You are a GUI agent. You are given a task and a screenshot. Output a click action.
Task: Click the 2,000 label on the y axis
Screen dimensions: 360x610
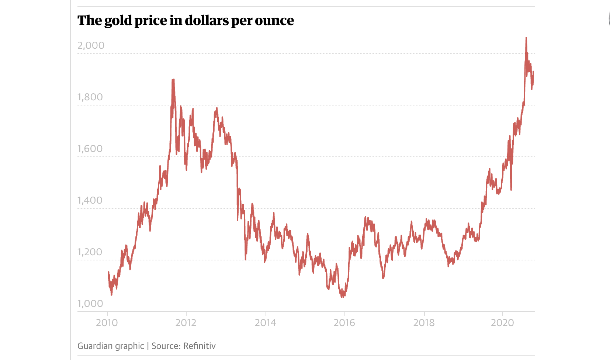coord(91,45)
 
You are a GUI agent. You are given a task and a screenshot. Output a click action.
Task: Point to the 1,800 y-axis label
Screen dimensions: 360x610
coord(90,97)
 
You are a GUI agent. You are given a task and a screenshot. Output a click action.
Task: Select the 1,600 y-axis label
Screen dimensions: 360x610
coord(90,149)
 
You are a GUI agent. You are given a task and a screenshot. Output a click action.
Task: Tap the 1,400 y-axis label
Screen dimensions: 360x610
coord(90,200)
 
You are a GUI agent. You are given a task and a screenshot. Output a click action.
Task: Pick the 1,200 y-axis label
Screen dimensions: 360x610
coord(90,252)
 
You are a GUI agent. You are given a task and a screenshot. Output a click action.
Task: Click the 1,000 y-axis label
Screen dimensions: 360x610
coord(90,304)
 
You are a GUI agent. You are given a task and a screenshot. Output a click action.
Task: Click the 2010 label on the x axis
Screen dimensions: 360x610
coord(107,323)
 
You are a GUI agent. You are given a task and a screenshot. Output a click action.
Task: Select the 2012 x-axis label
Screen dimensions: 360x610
coord(186,323)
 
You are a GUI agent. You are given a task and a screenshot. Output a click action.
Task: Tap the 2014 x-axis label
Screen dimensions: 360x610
coord(266,323)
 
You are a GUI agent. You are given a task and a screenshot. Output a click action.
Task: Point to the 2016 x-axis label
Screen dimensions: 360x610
coord(344,323)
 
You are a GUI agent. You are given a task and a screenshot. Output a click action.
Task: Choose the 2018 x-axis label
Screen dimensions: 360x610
coord(424,323)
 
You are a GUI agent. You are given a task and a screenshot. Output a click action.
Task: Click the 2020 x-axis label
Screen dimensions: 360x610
coord(502,323)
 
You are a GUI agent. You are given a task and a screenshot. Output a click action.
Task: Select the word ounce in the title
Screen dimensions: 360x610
coord(274,21)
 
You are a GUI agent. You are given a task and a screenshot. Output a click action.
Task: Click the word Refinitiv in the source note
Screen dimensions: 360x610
coord(200,346)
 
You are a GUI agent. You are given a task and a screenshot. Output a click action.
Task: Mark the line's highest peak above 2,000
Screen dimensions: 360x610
coord(526,38)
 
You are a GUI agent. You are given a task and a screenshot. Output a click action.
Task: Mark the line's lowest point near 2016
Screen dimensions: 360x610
coord(343,296)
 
